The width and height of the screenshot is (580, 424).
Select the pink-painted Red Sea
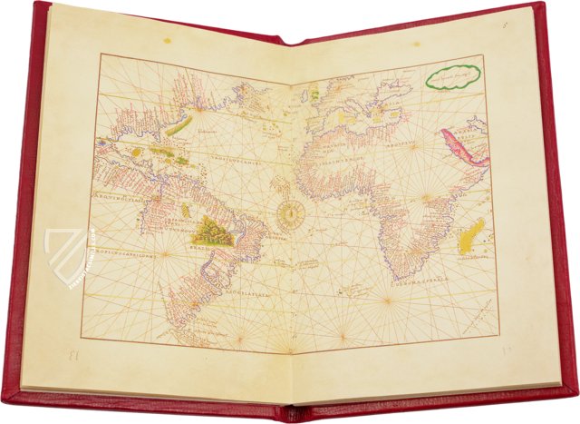point(463,147)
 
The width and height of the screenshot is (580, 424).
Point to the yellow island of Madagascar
point(471,238)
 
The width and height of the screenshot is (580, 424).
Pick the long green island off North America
point(181,124)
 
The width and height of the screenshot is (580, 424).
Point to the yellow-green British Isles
point(314,92)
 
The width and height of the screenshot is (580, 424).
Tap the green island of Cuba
point(164,152)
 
